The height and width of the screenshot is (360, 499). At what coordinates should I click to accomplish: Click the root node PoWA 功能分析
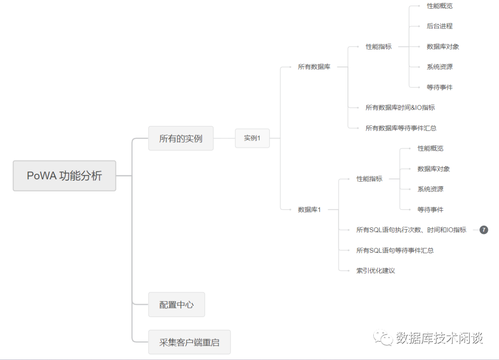pyautogui.click(x=64, y=176)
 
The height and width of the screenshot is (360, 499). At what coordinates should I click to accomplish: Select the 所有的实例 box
pyautogui.click(x=181, y=138)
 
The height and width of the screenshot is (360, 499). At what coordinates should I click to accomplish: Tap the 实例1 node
pyautogui.click(x=252, y=138)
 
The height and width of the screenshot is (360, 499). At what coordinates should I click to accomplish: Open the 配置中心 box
pyautogui.click(x=176, y=305)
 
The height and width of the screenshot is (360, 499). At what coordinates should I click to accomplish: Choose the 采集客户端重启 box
pyautogui.click(x=189, y=342)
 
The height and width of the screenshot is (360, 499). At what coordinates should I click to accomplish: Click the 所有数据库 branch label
pyautogui.click(x=314, y=67)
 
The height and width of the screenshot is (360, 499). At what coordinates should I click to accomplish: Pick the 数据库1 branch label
pyautogui.click(x=310, y=209)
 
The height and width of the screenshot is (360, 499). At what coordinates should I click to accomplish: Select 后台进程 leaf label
pyautogui.click(x=439, y=26)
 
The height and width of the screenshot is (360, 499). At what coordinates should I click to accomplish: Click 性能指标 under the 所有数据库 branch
pyautogui.click(x=378, y=46)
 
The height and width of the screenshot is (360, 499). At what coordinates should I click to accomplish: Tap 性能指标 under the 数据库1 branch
pyautogui.click(x=369, y=178)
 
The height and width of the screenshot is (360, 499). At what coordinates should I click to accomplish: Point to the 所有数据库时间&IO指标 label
pyautogui.click(x=400, y=107)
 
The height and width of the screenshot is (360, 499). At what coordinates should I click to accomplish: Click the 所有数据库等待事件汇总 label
pyautogui.click(x=401, y=128)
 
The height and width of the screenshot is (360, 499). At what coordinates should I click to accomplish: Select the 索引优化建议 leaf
pyautogui.click(x=376, y=270)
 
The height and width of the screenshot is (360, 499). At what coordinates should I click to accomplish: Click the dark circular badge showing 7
pyautogui.click(x=484, y=230)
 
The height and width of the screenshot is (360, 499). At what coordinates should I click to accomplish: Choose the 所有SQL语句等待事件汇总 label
pyautogui.click(x=395, y=250)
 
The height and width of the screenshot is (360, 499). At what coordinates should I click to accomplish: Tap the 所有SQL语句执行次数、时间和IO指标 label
pyautogui.click(x=411, y=230)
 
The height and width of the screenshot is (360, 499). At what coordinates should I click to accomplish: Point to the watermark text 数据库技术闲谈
pyautogui.click(x=439, y=338)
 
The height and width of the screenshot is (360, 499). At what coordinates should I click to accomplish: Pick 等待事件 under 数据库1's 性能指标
pyautogui.click(x=430, y=209)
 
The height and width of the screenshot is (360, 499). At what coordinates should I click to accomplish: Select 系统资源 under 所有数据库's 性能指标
pyautogui.click(x=439, y=67)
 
